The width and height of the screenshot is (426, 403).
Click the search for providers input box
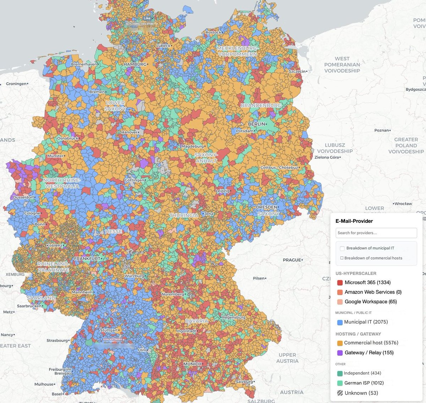click(x=376, y=233)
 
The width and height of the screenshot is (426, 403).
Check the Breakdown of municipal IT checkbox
click(x=342, y=248)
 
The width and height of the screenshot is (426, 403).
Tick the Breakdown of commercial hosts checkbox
click(x=342, y=258)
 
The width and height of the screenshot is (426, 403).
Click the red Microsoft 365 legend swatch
click(x=340, y=283)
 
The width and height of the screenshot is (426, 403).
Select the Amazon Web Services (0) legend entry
click(x=373, y=292)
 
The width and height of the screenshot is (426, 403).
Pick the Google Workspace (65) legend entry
click(x=371, y=302)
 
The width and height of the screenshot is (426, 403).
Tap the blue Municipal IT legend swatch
click(x=340, y=322)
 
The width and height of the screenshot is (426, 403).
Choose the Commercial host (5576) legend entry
click(x=371, y=343)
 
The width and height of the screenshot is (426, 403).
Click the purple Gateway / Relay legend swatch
click(x=340, y=353)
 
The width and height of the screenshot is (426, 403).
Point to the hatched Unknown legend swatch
click(x=340, y=393)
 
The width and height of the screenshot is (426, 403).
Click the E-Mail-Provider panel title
click(x=354, y=221)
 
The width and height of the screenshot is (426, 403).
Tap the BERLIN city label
click(x=256, y=124)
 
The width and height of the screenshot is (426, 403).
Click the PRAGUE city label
click(x=292, y=260)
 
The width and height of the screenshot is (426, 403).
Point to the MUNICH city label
click(x=192, y=364)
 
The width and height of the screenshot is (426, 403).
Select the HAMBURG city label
click(x=135, y=64)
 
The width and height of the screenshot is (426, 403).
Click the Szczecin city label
click(x=297, y=71)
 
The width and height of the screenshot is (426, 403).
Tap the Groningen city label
click(x=16, y=84)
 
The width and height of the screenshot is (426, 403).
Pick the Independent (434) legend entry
click(x=362, y=373)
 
